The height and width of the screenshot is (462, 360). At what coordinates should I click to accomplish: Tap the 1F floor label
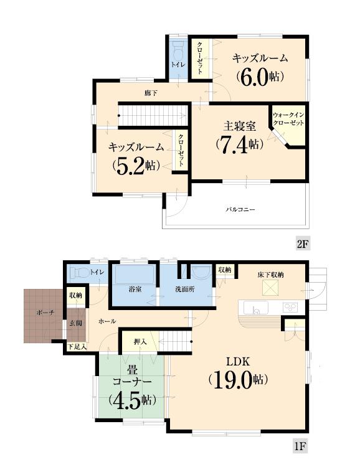click(x=301, y=446)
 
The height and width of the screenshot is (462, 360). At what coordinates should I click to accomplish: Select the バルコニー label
click(x=240, y=209)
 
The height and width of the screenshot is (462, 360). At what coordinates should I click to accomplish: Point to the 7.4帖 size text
click(x=239, y=144)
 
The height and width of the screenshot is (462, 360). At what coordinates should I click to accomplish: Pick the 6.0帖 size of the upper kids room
click(x=260, y=76)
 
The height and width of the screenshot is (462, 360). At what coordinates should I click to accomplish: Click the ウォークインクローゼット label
click(x=288, y=120)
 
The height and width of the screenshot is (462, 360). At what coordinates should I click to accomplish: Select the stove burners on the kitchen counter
click(x=291, y=306)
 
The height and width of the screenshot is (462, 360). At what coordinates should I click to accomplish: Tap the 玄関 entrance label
click(x=75, y=323)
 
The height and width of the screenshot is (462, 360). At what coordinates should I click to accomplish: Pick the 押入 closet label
click(x=140, y=342)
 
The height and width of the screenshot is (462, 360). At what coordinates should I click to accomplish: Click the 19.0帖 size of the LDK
click(x=238, y=379)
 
